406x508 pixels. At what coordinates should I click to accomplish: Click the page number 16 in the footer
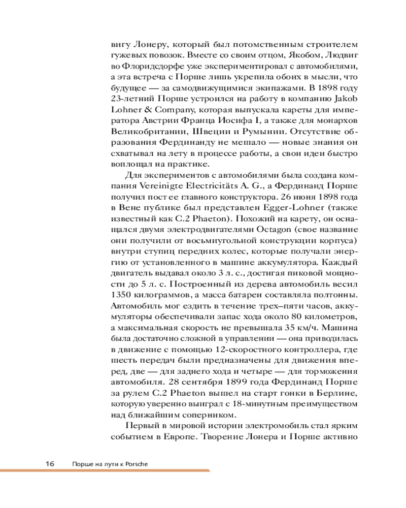coord(49,463)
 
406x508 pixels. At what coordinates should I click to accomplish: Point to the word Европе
coord(173,436)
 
